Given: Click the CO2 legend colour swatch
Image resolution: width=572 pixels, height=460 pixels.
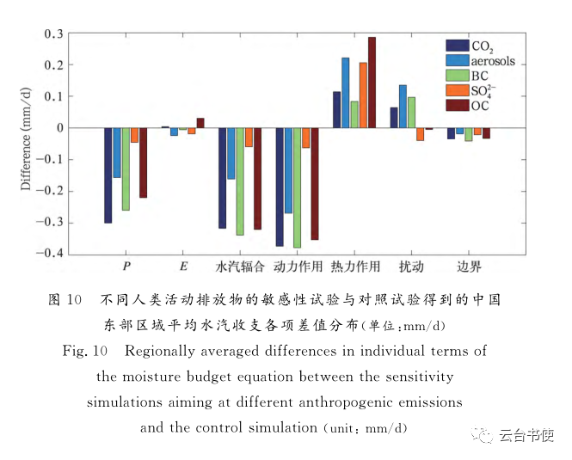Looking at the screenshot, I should pyautogui.click(x=457, y=46).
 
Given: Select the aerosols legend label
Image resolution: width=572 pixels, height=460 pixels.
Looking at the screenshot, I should pyautogui.click(x=493, y=61).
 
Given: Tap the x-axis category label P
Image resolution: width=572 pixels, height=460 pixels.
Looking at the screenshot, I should pyautogui.click(x=126, y=267).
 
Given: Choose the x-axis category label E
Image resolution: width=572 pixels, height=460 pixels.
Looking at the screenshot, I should pyautogui.click(x=183, y=267).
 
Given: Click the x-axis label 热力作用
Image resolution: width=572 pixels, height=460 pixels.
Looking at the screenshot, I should pyautogui.click(x=354, y=267).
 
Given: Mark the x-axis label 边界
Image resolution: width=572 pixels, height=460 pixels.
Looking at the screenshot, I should pyautogui.click(x=469, y=267).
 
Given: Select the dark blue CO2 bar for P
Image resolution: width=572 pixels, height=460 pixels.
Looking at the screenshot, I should pyautogui.click(x=108, y=175).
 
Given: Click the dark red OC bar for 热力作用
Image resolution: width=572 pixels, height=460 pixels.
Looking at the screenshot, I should pyautogui.click(x=372, y=83).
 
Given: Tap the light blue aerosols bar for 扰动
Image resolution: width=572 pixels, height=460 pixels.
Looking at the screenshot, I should pyautogui.click(x=403, y=107).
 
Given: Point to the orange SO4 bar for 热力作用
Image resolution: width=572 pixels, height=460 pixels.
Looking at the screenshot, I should pyautogui.click(x=363, y=95).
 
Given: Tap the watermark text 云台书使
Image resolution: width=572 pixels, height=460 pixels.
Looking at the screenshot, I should pyautogui.click(x=528, y=435).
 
